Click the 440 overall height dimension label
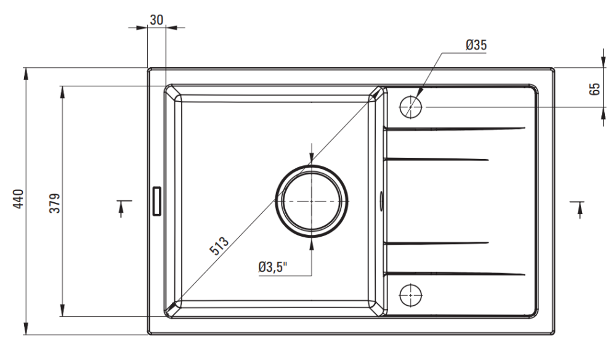pyautogui.click(x=19, y=199)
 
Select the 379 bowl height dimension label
pyautogui.click(x=55, y=203)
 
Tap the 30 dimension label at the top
pyautogui.click(x=156, y=20)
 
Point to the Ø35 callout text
pyautogui.click(x=476, y=45)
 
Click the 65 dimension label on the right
pyautogui.click(x=595, y=89)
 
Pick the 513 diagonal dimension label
pyautogui.click(x=219, y=245)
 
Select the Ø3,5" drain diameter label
pyautogui.click(x=273, y=268)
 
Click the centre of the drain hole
pyautogui.click(x=312, y=201)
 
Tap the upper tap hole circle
pyautogui.click(x=410, y=107)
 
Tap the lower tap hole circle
pyautogui.click(x=410, y=295)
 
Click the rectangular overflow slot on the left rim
pyautogui.click(x=156, y=201)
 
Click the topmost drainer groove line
pyautogui.click(x=455, y=128)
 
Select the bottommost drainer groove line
pyautogui.click(x=455, y=274)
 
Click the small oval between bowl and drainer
pyautogui.click(x=381, y=200)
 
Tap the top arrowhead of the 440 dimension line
pyautogui.click(x=26, y=73)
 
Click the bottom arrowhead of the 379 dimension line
pyautogui.click(x=62, y=310)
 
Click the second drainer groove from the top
pyautogui.click(x=436, y=160)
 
